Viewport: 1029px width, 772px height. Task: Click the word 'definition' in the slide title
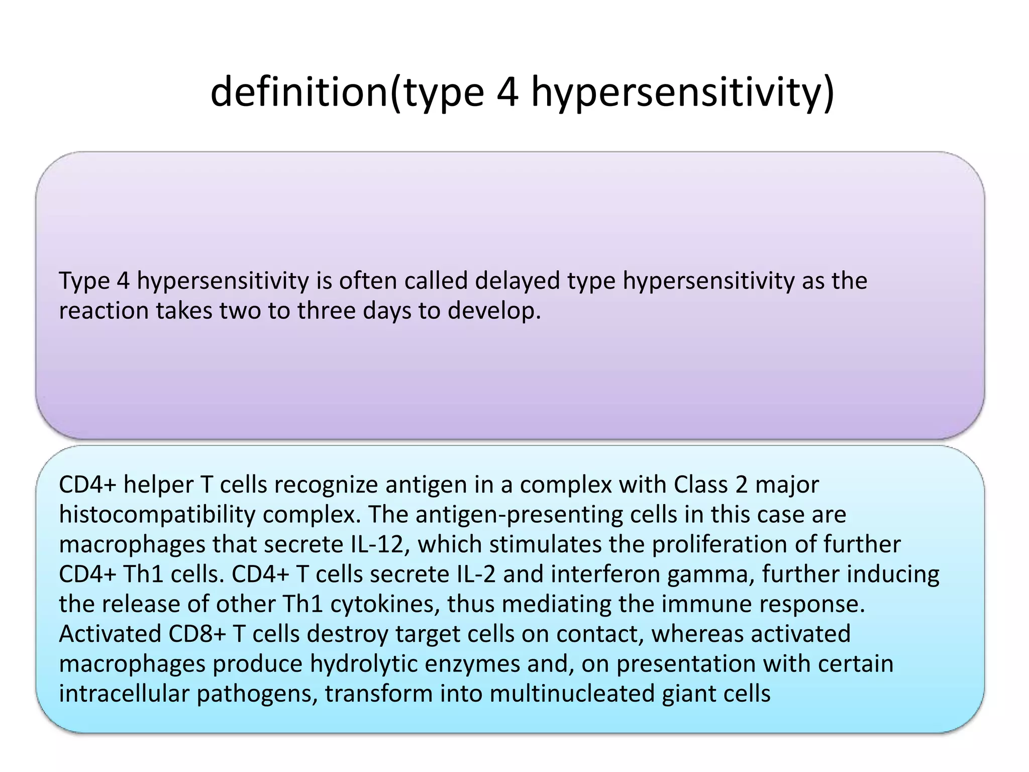tap(299, 92)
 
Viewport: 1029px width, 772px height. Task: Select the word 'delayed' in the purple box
tap(517, 280)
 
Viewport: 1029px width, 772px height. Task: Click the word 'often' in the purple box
tap(367, 280)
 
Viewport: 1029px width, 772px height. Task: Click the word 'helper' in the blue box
tap(158, 485)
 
